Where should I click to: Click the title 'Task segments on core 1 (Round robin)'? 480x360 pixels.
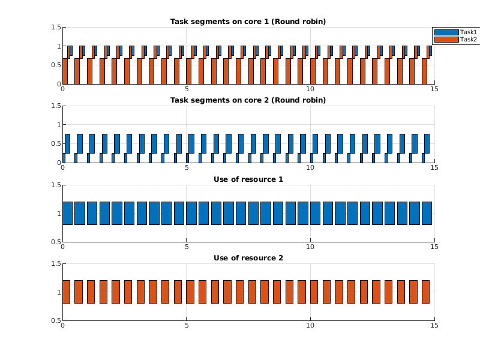(x=248, y=22)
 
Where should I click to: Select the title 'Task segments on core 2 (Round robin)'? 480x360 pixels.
(x=248, y=100)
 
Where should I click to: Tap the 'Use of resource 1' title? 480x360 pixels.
(x=248, y=179)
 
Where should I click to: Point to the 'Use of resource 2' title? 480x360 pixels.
(x=248, y=258)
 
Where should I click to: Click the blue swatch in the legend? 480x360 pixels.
(x=446, y=32)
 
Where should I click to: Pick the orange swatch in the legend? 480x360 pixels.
(x=446, y=40)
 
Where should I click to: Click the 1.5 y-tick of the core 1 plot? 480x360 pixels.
(x=56, y=27)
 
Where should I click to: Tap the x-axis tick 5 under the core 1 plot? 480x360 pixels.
(x=187, y=89)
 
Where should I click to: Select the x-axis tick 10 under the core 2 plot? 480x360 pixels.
(x=311, y=168)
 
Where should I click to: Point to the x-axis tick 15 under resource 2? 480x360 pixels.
(x=434, y=326)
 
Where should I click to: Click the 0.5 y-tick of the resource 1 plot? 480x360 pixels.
(x=56, y=242)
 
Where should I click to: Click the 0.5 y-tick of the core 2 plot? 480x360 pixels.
(x=56, y=143)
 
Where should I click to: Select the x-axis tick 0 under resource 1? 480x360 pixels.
(x=63, y=247)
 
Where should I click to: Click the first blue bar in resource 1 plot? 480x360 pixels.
(x=67, y=213)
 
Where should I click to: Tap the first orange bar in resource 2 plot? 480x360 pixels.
(x=66, y=292)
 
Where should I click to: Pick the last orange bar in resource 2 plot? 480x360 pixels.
(x=425, y=292)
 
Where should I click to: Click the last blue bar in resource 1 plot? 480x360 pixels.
(x=427, y=213)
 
